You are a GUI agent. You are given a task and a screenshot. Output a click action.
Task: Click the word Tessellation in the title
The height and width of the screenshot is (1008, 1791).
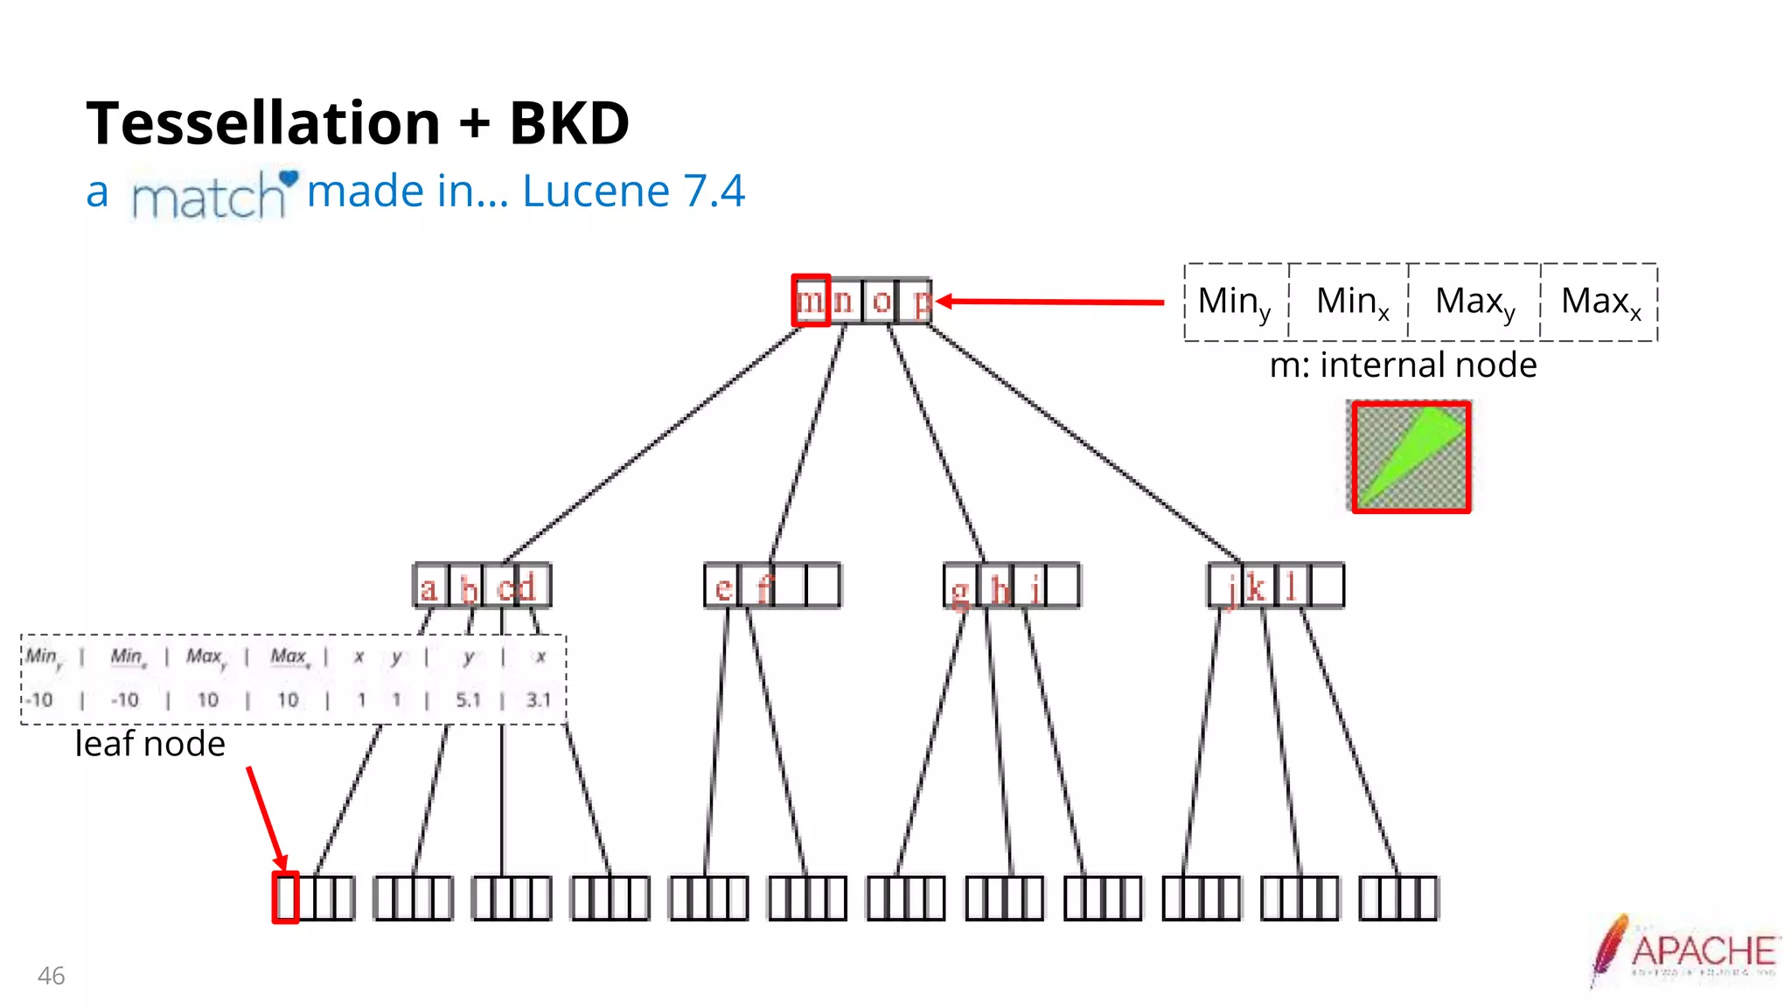pyautogui.click(x=263, y=122)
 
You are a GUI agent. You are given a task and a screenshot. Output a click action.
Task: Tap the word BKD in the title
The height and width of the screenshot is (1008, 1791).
pyautogui.click(x=569, y=122)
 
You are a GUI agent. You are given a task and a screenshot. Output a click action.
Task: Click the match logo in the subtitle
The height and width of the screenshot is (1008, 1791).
pyautogui.click(x=210, y=194)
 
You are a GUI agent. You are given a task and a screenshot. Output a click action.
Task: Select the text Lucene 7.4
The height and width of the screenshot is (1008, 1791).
pyautogui.click(x=633, y=191)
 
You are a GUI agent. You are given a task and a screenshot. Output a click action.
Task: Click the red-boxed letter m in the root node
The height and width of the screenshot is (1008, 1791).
pyautogui.click(x=811, y=301)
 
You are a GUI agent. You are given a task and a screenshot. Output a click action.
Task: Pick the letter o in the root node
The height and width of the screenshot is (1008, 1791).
pyautogui.click(x=882, y=302)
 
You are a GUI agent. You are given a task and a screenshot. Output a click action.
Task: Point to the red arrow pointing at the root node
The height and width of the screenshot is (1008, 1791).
pyautogui.click(x=1049, y=302)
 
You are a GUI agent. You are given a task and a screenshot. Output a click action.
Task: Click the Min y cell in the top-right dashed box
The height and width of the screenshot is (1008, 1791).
pyautogui.click(x=1234, y=302)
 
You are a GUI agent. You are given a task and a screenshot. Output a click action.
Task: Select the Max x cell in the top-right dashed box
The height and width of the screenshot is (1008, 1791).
pyautogui.click(x=1600, y=302)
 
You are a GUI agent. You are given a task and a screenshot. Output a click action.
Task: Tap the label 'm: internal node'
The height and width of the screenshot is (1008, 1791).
pyautogui.click(x=1403, y=365)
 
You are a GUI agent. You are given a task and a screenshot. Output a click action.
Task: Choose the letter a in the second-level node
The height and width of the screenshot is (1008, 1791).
pyautogui.click(x=429, y=587)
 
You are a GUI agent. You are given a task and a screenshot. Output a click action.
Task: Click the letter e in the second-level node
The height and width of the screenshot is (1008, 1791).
pyautogui.click(x=723, y=587)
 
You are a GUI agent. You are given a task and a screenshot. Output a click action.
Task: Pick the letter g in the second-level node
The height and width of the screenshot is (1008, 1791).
pyautogui.click(x=959, y=591)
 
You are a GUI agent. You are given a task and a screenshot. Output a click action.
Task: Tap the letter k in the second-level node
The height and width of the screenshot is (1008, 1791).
pyautogui.click(x=1255, y=587)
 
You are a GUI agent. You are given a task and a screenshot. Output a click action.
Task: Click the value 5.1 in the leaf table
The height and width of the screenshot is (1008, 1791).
pyautogui.click(x=468, y=699)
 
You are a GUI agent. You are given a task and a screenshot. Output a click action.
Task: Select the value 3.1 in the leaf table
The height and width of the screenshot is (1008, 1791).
pyautogui.click(x=539, y=699)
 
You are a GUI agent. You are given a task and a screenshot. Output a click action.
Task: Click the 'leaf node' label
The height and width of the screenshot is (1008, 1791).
pyautogui.click(x=150, y=744)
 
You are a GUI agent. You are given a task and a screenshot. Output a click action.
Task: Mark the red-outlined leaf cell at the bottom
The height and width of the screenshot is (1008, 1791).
pyautogui.click(x=286, y=897)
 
